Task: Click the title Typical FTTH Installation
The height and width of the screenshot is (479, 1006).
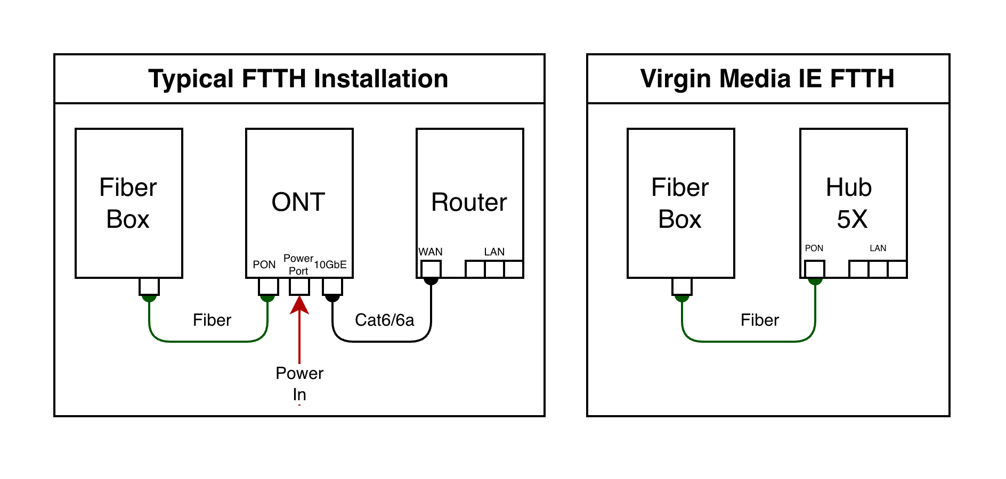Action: click(x=298, y=79)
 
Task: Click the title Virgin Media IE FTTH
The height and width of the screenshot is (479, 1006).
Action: click(x=767, y=79)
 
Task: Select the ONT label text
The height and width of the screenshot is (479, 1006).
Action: click(x=298, y=202)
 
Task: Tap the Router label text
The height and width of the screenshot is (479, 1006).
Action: click(x=469, y=202)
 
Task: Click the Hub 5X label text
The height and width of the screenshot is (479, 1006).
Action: click(x=850, y=203)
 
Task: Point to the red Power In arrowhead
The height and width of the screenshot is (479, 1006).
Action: click(x=299, y=304)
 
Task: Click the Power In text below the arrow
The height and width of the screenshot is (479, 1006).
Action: click(x=299, y=383)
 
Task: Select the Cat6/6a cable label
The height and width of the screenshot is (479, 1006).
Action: click(x=384, y=320)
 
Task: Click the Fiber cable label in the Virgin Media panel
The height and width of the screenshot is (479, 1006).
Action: click(x=759, y=320)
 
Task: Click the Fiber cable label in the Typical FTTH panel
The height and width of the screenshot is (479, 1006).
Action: click(x=212, y=320)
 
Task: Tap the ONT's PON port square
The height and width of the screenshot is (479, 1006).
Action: click(x=268, y=286)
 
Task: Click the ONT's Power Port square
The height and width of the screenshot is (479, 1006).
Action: click(x=299, y=286)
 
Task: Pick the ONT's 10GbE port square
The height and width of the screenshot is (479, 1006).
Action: click(x=332, y=286)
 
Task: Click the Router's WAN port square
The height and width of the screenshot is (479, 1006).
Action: click(x=431, y=269)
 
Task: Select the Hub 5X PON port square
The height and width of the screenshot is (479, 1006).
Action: click(x=815, y=269)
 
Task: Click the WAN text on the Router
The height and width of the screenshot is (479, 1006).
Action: click(x=431, y=252)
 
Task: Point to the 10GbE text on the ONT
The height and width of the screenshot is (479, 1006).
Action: click(x=330, y=265)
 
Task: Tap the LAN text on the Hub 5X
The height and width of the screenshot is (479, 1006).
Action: click(x=878, y=248)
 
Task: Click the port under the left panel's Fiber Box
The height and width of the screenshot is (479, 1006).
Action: click(x=149, y=286)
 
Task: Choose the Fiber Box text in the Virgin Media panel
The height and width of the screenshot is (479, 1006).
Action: click(x=680, y=203)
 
